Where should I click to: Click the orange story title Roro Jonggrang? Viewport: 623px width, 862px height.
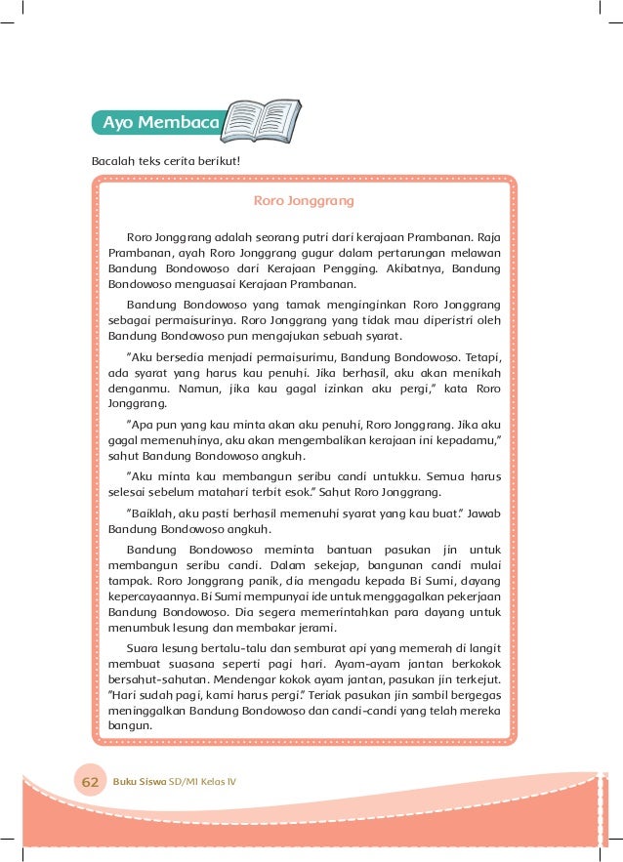point(303,201)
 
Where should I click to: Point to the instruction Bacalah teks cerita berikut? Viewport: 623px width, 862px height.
point(165,159)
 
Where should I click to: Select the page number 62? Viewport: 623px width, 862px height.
point(91,782)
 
